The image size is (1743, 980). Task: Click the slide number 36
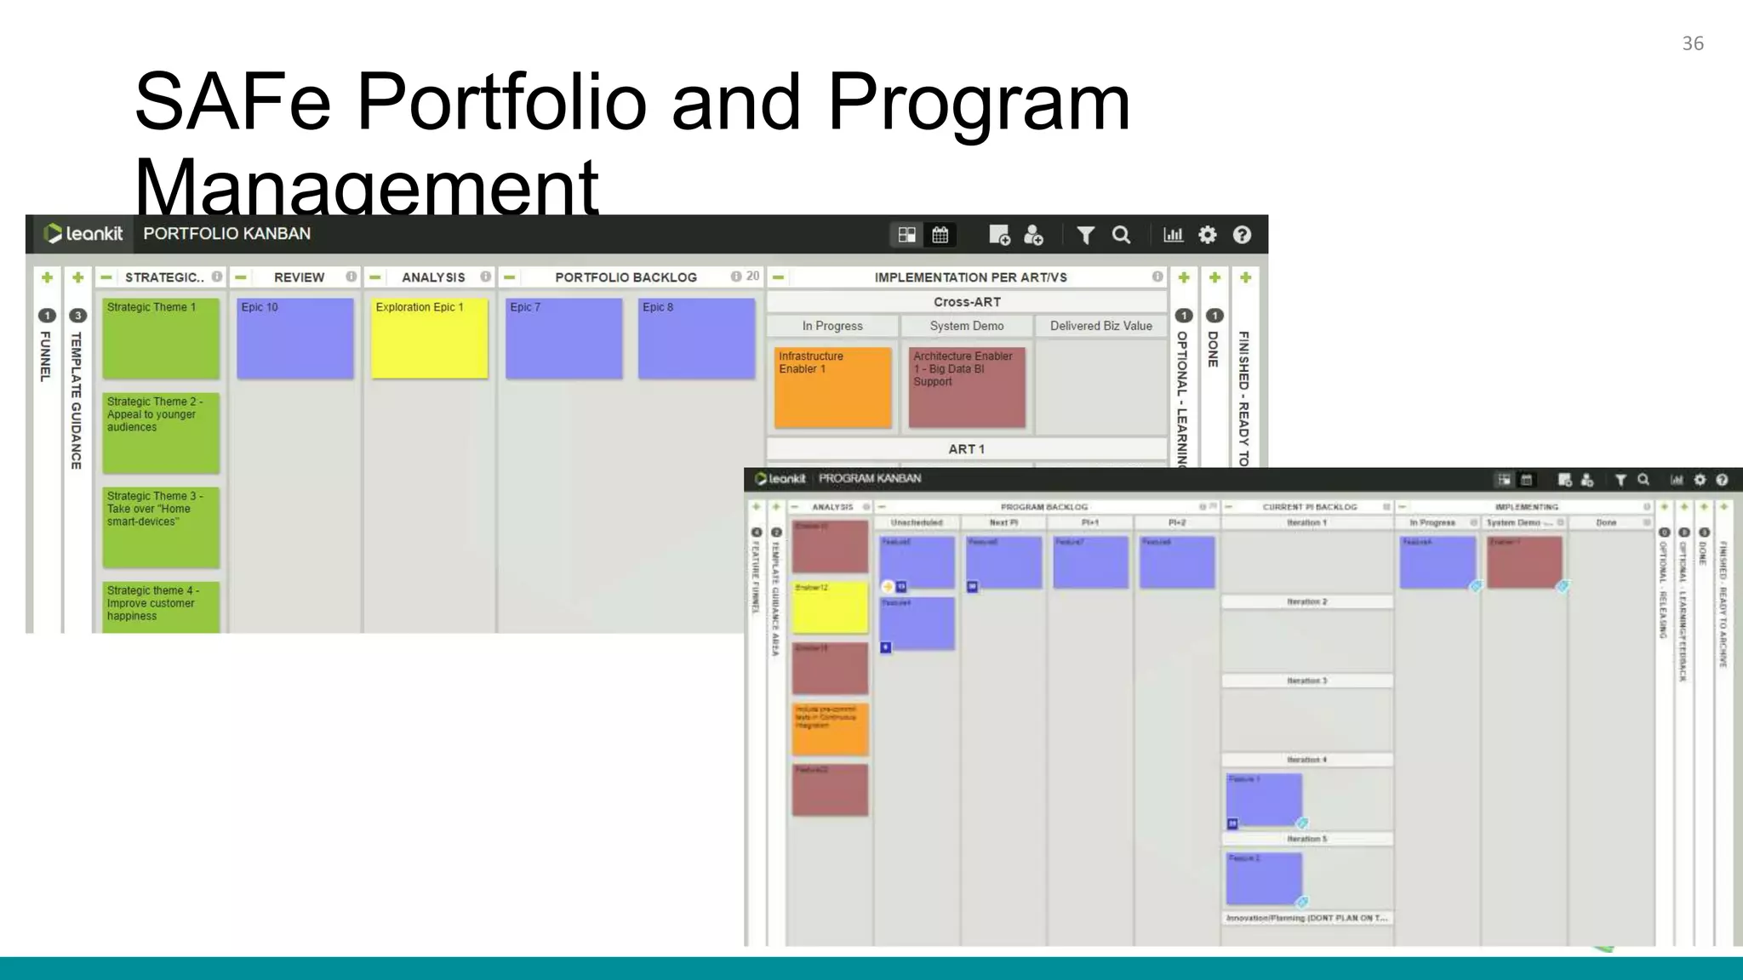[x=1693, y=43]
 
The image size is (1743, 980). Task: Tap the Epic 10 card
[x=294, y=338]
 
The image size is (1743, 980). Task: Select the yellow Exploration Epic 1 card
[x=429, y=338]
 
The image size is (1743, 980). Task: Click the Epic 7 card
[x=563, y=338]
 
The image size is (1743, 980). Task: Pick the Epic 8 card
[x=696, y=338]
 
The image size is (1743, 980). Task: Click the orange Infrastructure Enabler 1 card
[x=832, y=387]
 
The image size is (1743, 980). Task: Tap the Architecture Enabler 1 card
[x=967, y=387]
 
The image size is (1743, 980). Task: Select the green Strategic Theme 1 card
[x=161, y=338]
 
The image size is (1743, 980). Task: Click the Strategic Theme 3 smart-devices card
[x=161, y=527]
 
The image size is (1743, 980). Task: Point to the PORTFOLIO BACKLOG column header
[x=626, y=277]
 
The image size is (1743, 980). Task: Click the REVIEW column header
[x=299, y=277]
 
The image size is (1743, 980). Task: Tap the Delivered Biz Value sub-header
[x=1100, y=326]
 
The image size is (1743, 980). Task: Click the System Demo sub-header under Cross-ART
[x=966, y=326]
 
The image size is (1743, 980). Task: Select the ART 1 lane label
[x=966, y=449]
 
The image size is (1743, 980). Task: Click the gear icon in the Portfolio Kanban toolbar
[x=1207, y=235]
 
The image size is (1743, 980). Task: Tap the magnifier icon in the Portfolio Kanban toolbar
[x=1121, y=235]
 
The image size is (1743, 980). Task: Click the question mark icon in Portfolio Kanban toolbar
[x=1242, y=235]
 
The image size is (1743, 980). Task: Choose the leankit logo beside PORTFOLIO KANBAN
[x=83, y=234]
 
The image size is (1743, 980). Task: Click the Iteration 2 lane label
[x=1306, y=601]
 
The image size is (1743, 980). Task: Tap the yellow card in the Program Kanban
[x=830, y=607]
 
